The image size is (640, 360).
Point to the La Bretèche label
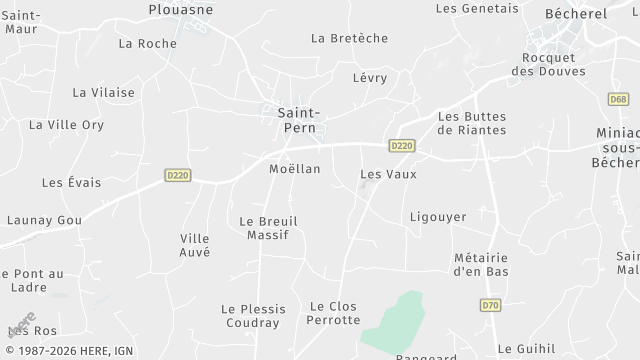(x=349, y=38)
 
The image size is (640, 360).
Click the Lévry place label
(x=370, y=77)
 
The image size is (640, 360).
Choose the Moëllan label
(x=295, y=168)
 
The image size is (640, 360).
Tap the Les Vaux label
(x=388, y=174)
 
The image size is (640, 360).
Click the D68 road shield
(x=618, y=99)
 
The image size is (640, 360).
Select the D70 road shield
(x=490, y=305)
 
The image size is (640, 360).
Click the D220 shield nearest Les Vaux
(x=402, y=145)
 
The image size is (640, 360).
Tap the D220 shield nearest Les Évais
(x=178, y=175)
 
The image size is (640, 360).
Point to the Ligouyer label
(x=438, y=216)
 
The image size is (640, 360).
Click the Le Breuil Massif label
(x=268, y=228)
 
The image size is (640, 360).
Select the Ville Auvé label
(x=195, y=245)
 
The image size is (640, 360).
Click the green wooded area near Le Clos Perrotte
(x=396, y=320)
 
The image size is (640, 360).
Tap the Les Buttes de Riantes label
(x=472, y=123)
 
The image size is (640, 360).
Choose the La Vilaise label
(x=103, y=92)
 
